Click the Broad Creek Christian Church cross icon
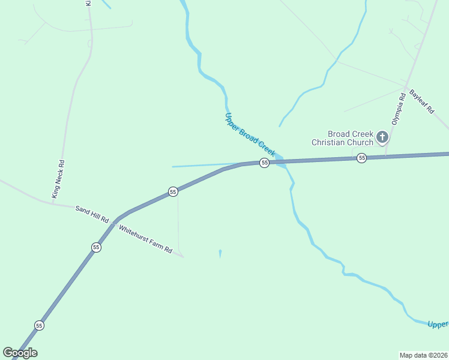382,139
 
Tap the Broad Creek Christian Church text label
342,138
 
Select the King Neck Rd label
58,179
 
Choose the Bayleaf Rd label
421,100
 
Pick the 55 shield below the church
361,158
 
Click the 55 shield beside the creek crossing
264,163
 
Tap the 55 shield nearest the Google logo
39,325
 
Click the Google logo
20,353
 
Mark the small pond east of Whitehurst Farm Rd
220,254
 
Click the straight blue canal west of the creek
204,165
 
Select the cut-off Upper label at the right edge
438,325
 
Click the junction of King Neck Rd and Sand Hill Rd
52,203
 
